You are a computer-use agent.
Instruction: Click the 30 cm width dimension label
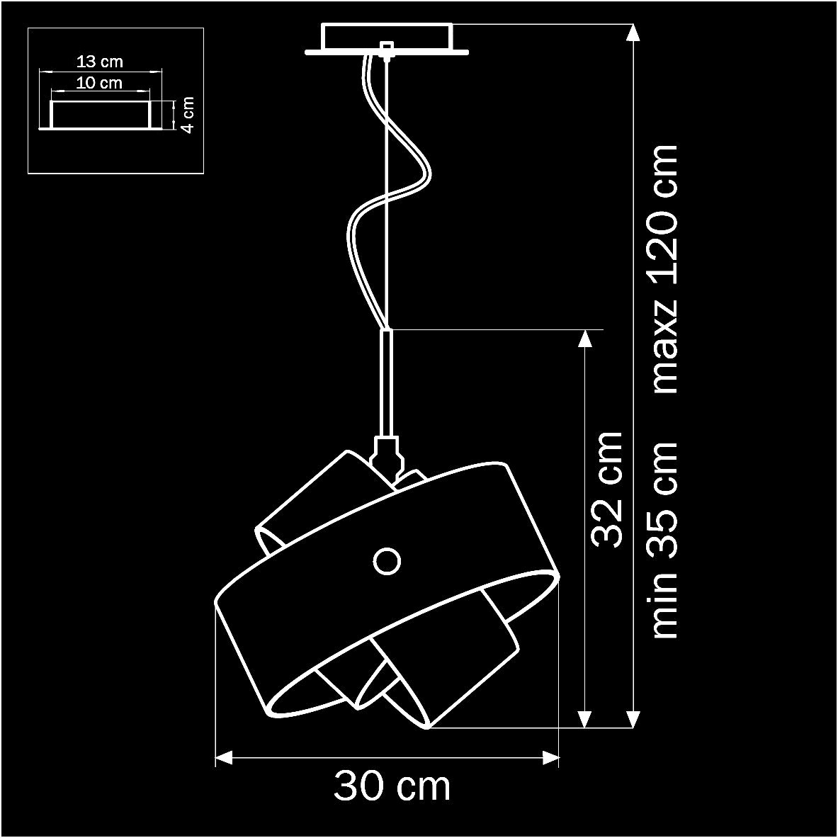(392, 786)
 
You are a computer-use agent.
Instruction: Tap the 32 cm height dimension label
(607, 490)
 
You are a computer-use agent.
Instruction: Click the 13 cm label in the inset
(100, 62)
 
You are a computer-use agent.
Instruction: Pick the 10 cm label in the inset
(99, 83)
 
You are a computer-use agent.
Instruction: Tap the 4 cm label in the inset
(187, 115)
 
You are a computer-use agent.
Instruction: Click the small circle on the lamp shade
(387, 561)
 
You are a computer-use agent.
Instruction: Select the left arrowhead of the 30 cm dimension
(224, 757)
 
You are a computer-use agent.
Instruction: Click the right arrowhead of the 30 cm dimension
(550, 757)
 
